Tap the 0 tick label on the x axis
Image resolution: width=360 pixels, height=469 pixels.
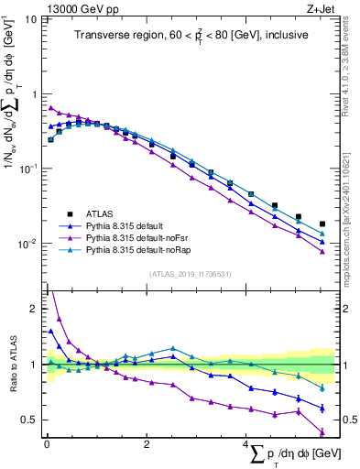(x=47, y=444)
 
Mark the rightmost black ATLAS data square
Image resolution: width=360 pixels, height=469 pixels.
(x=322, y=224)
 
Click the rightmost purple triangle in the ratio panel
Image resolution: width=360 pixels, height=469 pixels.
(x=322, y=432)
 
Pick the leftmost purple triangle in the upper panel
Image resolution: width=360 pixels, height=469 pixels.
(x=51, y=108)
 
